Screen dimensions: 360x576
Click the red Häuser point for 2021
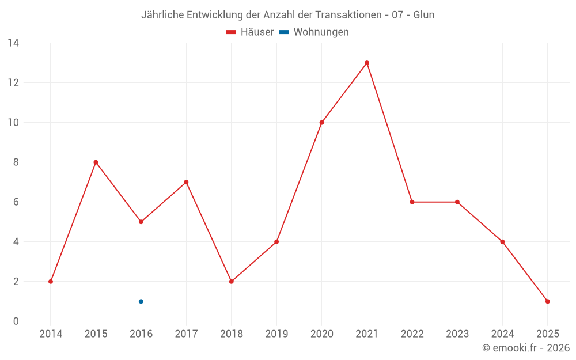[x=367, y=63]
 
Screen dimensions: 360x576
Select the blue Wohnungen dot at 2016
[x=141, y=301]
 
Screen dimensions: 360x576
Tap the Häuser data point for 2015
[x=96, y=162]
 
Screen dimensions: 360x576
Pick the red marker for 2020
[x=321, y=123]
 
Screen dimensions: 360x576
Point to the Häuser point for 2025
[x=548, y=301]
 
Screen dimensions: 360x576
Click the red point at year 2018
[x=232, y=282]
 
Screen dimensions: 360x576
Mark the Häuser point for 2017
[x=186, y=182]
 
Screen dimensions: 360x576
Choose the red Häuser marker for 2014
[x=51, y=282]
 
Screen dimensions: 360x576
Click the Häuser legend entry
[x=250, y=32]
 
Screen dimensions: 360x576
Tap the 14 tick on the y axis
[x=13, y=43]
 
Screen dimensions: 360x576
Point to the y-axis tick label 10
[x=13, y=123]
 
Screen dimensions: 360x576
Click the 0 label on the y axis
[x=16, y=321]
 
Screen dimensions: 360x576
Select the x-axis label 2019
[x=276, y=334]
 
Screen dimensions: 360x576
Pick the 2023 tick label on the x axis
[x=457, y=334]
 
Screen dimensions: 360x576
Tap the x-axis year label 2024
[x=502, y=334]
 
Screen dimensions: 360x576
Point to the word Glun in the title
[x=424, y=15]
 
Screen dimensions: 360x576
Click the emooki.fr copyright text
[x=526, y=348]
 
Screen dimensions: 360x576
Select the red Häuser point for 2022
[x=412, y=202]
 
